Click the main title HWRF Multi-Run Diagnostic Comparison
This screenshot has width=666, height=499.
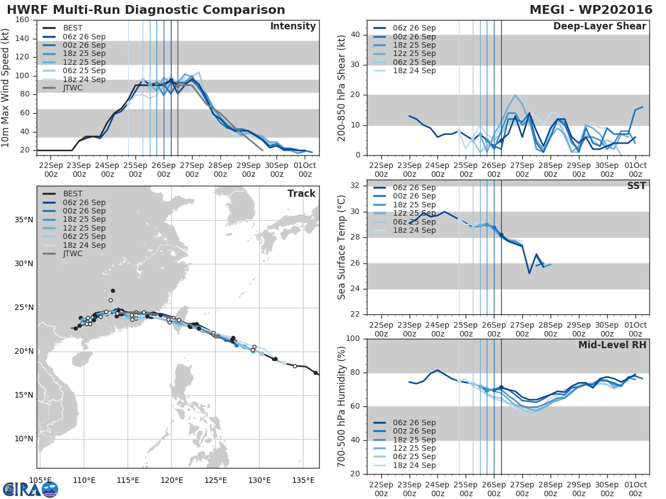146,9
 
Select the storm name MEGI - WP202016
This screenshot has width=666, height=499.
591,9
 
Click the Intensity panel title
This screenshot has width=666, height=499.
293,27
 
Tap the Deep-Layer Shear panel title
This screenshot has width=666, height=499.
599,27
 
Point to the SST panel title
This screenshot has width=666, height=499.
636,186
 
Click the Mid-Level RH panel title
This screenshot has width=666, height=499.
612,345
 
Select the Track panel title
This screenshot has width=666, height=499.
301,194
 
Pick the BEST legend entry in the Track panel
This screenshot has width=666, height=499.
63,194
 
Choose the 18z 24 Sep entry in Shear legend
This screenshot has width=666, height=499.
405,70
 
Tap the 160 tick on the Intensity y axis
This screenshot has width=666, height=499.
22,20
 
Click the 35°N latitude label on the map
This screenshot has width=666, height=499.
24,220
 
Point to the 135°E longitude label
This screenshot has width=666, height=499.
304,480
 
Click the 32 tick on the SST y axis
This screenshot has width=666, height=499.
355,185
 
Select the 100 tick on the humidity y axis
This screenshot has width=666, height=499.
353,338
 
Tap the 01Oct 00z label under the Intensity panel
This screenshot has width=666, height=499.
305,170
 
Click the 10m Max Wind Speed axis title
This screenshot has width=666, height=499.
5,88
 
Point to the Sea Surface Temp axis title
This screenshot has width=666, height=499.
341,247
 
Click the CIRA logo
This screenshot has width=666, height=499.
31,490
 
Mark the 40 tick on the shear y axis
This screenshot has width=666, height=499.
355,34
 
